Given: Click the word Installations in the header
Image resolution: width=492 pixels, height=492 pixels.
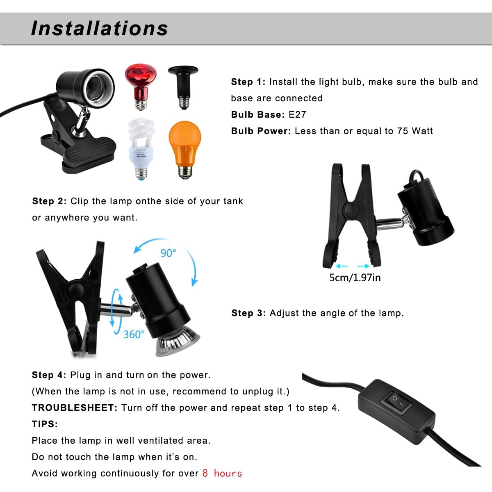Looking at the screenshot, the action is pos(100,28).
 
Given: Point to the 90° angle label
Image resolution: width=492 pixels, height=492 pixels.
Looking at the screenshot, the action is pos(168,253).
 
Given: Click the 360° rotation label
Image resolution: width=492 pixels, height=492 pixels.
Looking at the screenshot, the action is pos(134,335).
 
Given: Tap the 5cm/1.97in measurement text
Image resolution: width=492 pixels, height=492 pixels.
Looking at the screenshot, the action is pos(355,278).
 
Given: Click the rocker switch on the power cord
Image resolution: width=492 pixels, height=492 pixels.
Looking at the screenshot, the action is pos(396,402).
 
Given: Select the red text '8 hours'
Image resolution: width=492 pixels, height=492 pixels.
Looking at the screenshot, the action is pos(222,473).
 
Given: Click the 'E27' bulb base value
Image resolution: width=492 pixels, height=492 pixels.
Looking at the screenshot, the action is pos(297,115).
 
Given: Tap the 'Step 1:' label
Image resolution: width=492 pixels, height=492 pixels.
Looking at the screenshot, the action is pos(248,82).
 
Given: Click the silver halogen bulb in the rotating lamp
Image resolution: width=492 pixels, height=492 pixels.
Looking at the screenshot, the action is pos(178,341).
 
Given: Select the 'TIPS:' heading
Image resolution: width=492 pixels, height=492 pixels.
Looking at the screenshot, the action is pos(45,424).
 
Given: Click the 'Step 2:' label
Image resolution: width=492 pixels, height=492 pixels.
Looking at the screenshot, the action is pos(49,201).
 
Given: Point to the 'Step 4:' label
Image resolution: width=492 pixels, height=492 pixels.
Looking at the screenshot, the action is pos(49,375).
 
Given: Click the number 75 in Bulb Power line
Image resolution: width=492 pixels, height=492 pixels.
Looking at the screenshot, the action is pos(402,131).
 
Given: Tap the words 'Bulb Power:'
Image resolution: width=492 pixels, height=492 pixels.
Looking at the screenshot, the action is pos(261,131).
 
